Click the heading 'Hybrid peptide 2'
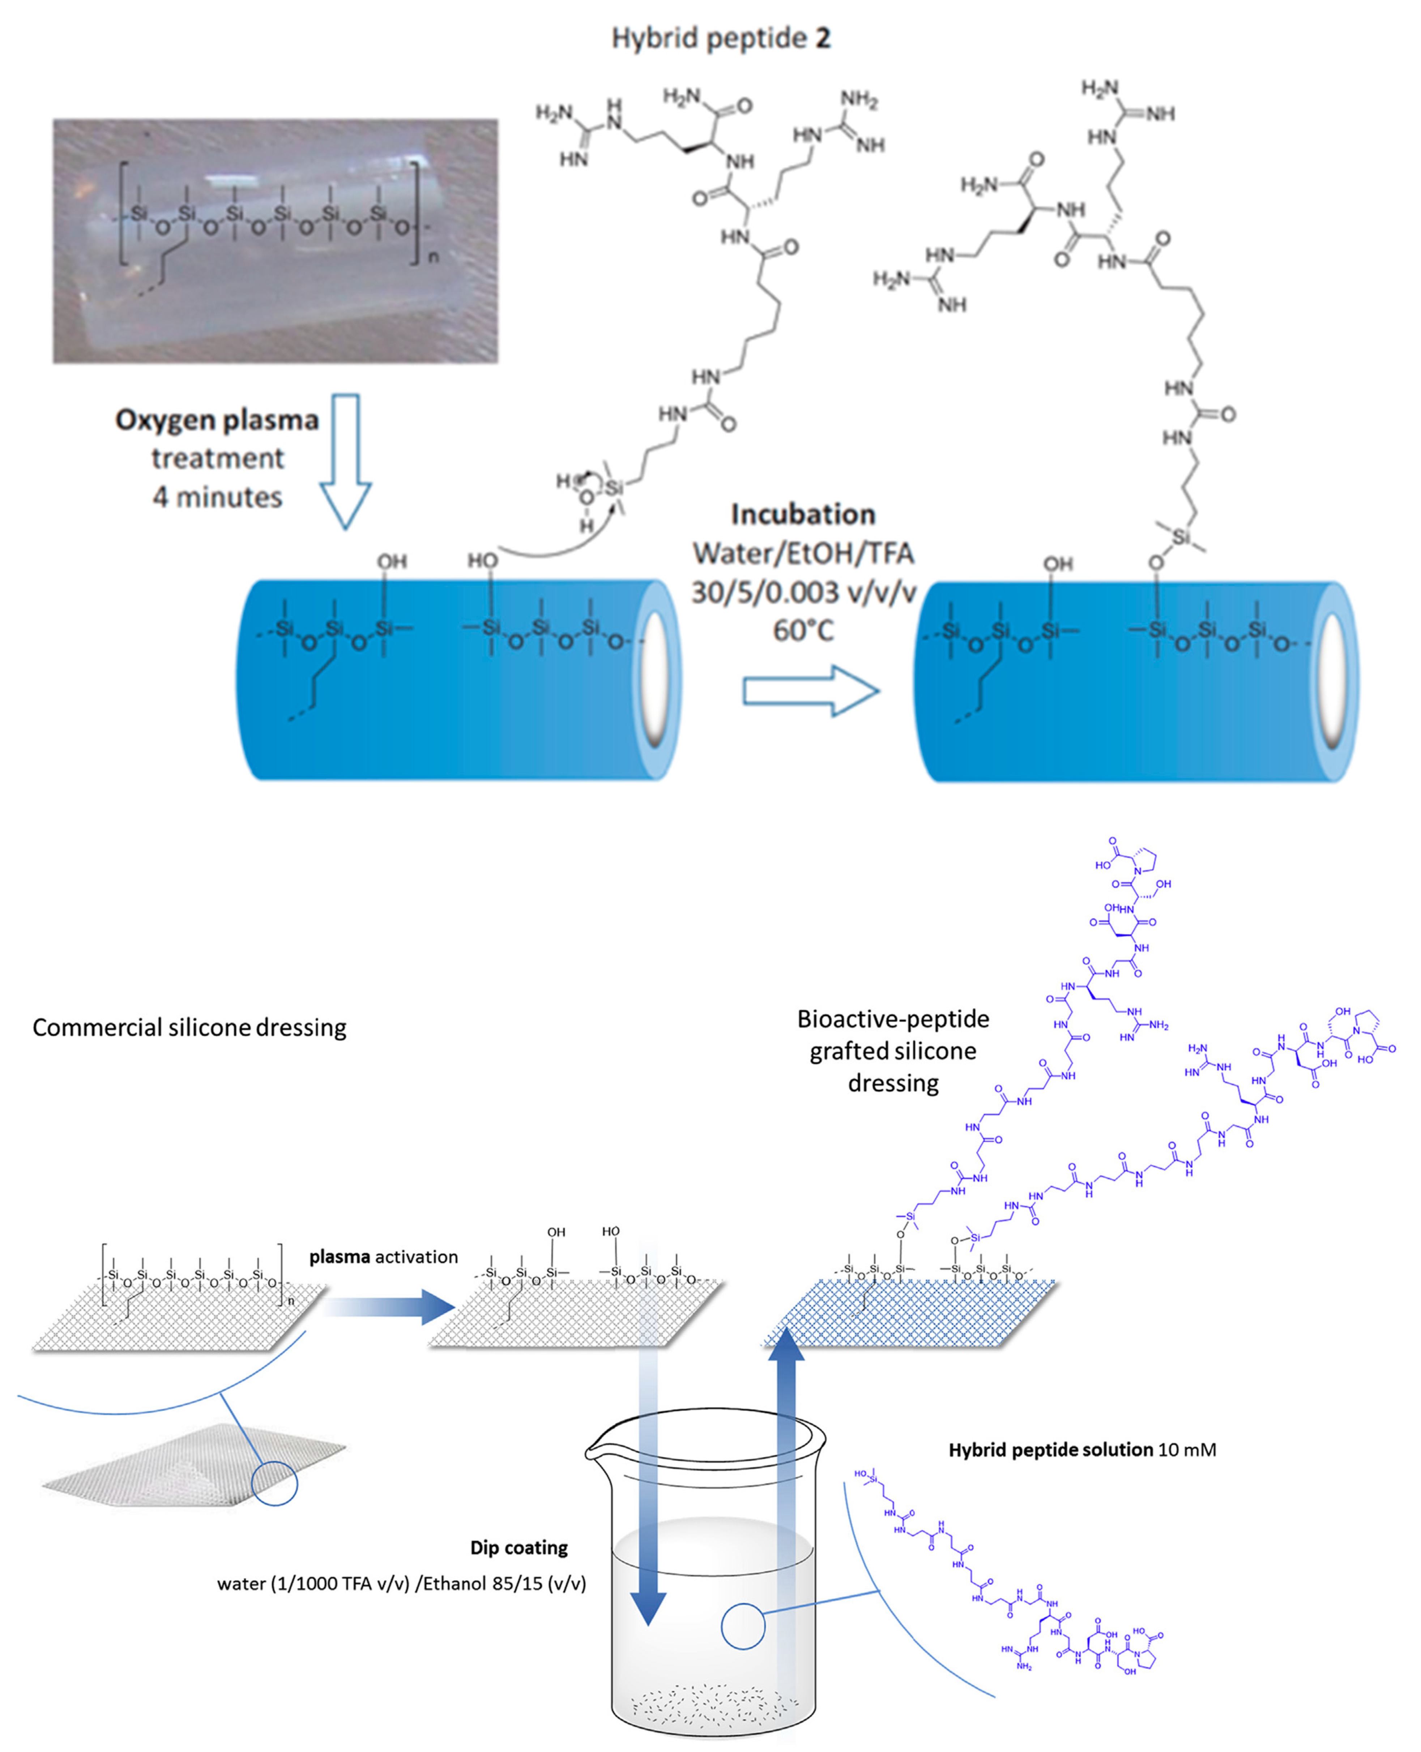pos(720,38)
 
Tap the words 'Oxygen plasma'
pos(217,420)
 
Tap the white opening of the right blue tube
pos(1332,681)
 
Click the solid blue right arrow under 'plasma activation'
pos(393,1307)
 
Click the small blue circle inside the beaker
pos(742,1626)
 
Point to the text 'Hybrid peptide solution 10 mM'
pos(1081,1449)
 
